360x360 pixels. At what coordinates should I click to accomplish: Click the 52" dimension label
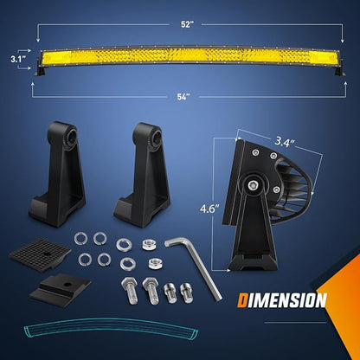point(187,24)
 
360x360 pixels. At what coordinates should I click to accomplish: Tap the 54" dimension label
point(183,97)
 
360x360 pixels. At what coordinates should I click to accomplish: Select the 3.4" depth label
point(285,142)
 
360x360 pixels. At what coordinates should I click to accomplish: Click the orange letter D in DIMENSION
point(242,300)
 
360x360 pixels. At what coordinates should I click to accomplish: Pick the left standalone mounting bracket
point(58,174)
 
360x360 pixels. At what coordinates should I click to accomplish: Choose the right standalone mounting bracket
point(143,175)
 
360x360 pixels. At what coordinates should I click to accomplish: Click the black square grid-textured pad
point(40,254)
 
